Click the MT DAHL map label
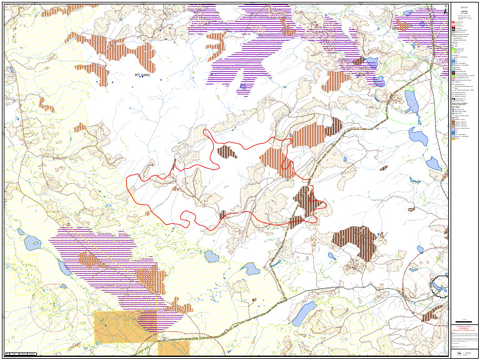[x=142, y=75]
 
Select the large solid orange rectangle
[x=125, y=326]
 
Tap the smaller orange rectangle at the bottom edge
[x=173, y=348]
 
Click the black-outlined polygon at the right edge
[x=440, y=286]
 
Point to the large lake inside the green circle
[x=411, y=101]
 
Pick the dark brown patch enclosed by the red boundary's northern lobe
[x=226, y=151]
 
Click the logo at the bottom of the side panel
[x=464, y=352]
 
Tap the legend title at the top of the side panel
[x=464, y=11]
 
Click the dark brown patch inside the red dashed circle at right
[x=429, y=315]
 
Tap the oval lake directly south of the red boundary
[x=211, y=256]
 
